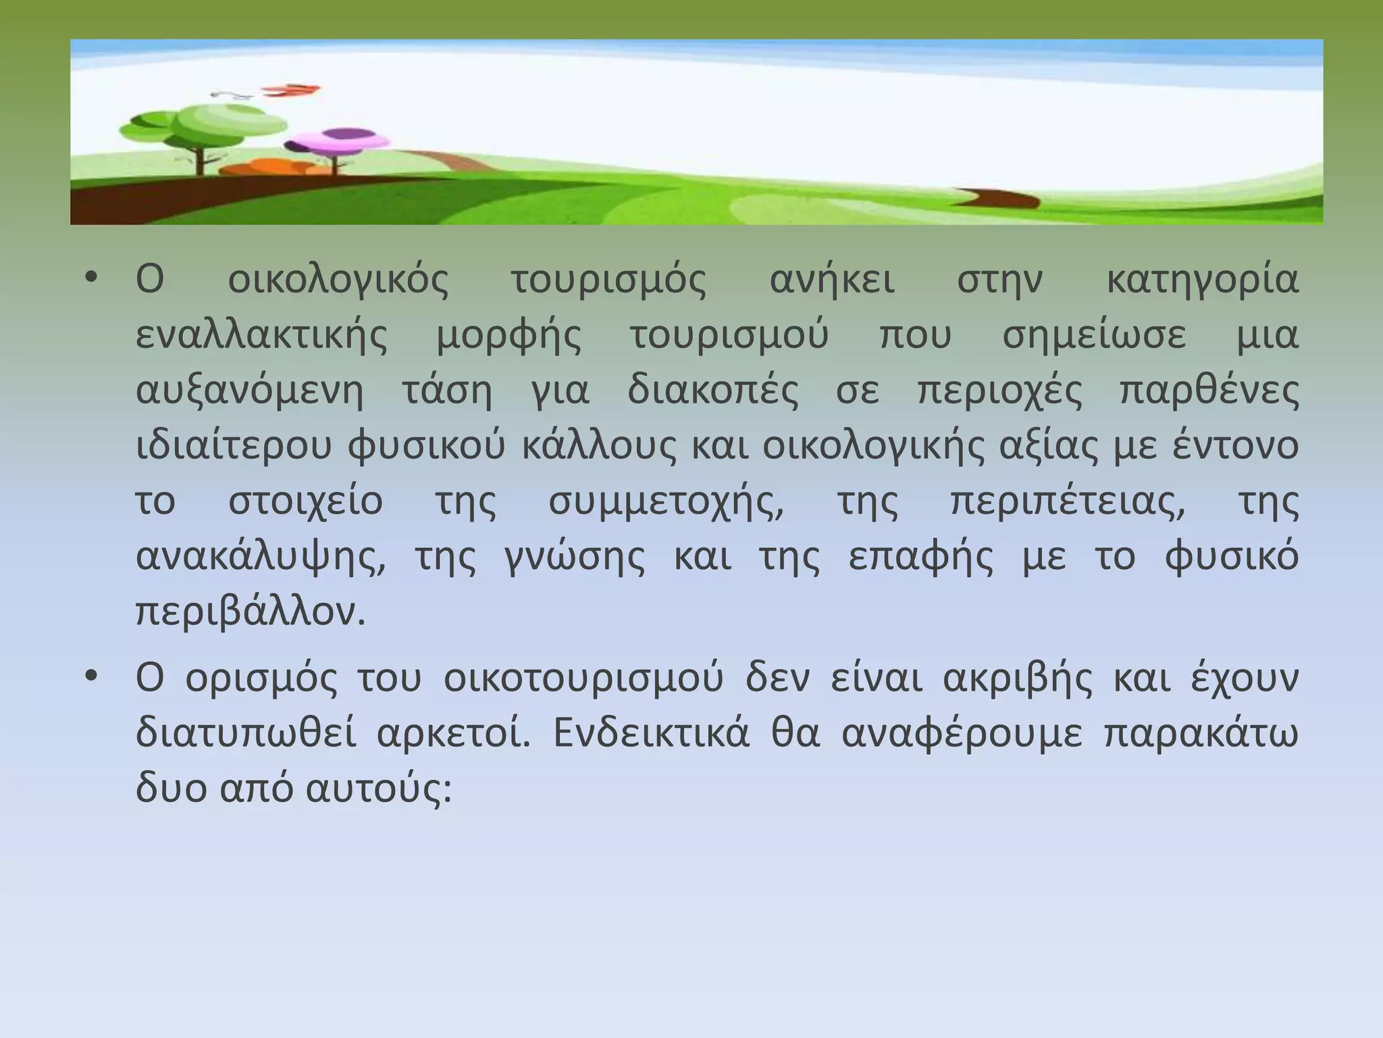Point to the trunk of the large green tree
[x=200, y=159]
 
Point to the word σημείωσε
[x=1094, y=335]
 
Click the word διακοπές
[x=713, y=391]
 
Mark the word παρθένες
[x=1209, y=391]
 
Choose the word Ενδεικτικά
[x=652, y=734]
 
